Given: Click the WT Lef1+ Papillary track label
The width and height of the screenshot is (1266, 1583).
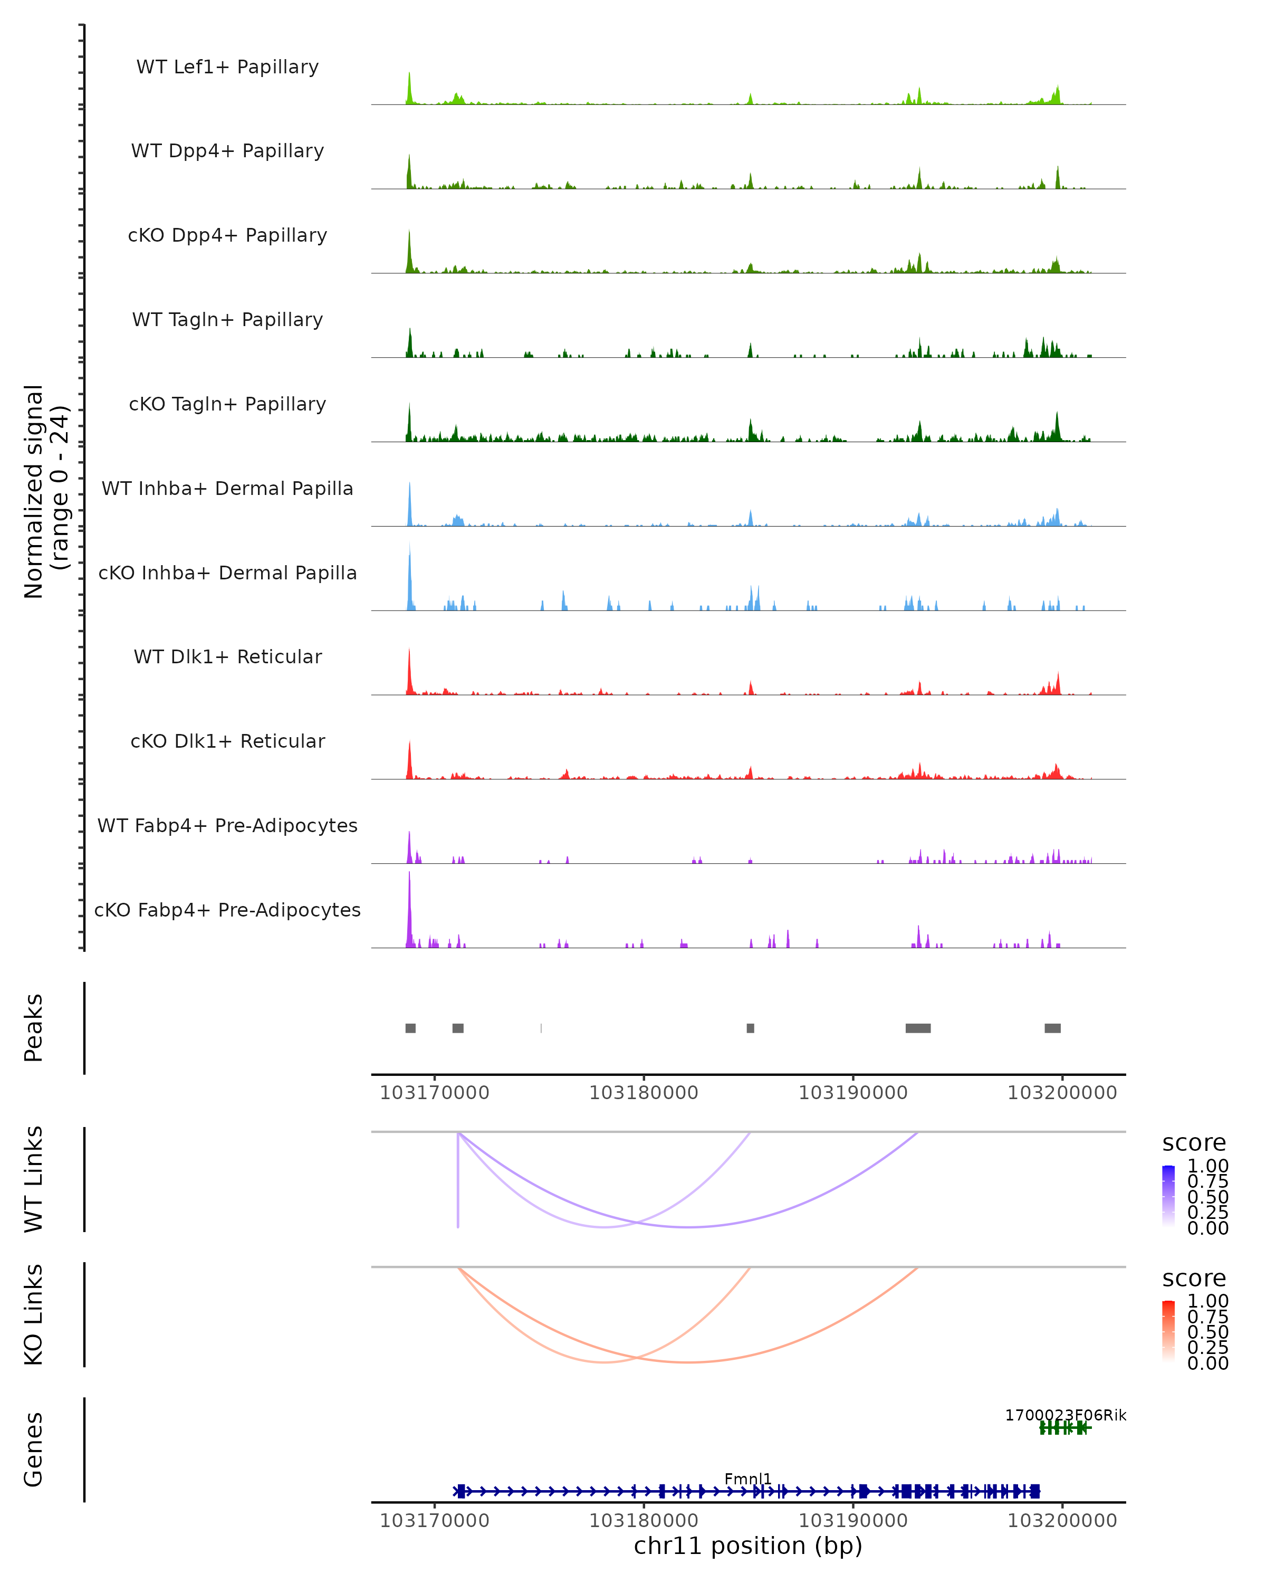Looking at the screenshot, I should (x=227, y=67).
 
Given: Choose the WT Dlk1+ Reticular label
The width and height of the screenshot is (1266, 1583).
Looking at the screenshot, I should (x=227, y=656).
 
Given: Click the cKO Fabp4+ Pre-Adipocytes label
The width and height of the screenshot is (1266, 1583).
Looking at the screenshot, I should (x=227, y=910).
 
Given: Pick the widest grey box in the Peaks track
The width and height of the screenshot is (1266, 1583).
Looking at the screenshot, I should (x=918, y=1028).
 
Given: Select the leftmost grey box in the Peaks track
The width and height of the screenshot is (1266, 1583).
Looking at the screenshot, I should (x=410, y=1028).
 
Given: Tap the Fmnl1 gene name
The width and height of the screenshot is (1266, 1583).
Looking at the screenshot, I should (x=748, y=1479).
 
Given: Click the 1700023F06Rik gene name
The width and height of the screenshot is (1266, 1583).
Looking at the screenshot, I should (x=1065, y=1415).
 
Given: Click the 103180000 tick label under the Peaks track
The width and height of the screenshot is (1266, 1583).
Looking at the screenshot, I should (x=644, y=1093).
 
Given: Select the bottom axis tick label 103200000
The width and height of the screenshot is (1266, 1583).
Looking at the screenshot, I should (x=1062, y=1521).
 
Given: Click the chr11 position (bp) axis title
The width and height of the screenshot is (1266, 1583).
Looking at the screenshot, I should (x=748, y=1546).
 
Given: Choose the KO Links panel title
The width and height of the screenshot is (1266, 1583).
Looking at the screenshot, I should (x=34, y=1315).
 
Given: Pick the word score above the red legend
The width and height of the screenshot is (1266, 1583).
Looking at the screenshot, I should (x=1194, y=1279).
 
